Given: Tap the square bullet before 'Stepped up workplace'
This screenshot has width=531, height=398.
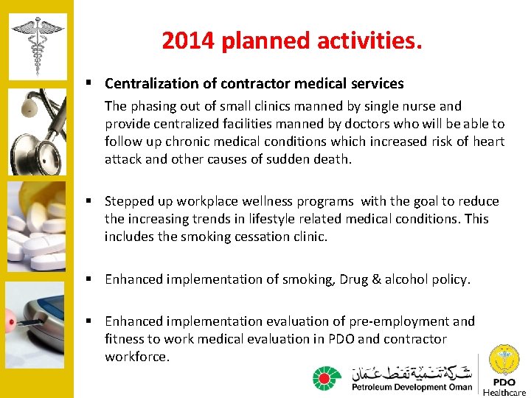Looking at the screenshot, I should click(88, 201).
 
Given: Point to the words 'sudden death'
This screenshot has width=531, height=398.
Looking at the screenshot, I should click(313, 159).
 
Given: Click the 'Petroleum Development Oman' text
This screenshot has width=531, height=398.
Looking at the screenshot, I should click(412, 387).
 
